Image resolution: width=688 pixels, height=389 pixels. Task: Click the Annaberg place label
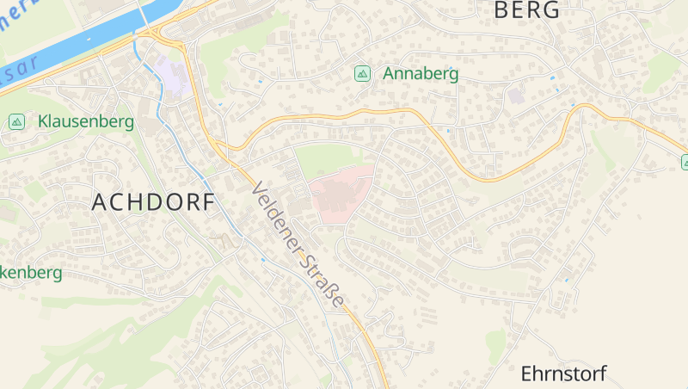[x=421, y=74]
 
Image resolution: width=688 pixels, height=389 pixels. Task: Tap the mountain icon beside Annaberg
[x=363, y=74]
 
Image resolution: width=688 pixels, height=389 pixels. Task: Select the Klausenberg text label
[x=86, y=121]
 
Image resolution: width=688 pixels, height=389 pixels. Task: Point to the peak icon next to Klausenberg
[x=16, y=122]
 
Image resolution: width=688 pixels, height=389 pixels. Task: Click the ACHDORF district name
[x=151, y=202]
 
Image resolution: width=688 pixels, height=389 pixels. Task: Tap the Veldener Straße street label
[x=298, y=245]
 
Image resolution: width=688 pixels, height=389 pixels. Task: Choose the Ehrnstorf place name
[x=563, y=374]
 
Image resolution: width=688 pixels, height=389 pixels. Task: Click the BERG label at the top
[x=526, y=10]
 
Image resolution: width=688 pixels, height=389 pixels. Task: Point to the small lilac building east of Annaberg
[x=516, y=95]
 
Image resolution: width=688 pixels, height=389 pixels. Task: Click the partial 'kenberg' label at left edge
[x=31, y=273]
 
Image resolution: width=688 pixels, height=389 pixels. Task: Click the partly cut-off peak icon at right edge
[x=685, y=162]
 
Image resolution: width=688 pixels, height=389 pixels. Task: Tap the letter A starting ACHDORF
[x=99, y=202]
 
